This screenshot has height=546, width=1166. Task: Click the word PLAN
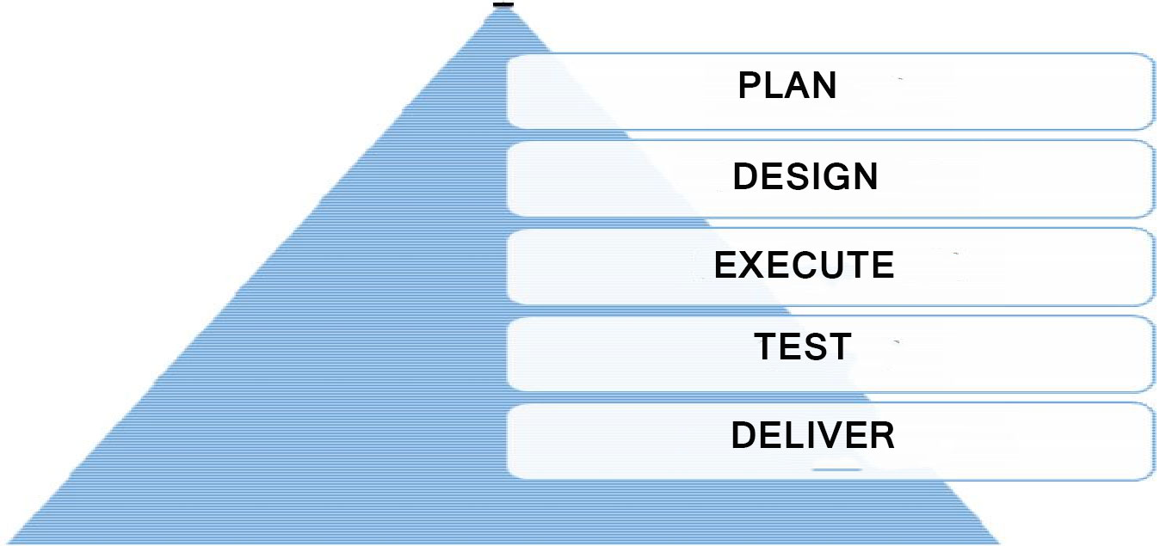click(x=787, y=85)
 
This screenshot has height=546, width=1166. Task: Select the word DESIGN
click(x=805, y=176)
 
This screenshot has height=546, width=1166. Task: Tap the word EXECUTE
click(x=805, y=265)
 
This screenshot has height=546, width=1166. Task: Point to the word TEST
click(x=803, y=347)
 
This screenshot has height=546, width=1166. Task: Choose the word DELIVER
click(x=813, y=435)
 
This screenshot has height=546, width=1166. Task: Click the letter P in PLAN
click(x=750, y=85)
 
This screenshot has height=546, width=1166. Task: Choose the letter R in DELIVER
click(x=882, y=435)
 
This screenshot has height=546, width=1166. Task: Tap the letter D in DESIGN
click(x=746, y=176)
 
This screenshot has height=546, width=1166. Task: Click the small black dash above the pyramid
click(x=503, y=4)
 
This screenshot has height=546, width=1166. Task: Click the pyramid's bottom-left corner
click(x=7, y=543)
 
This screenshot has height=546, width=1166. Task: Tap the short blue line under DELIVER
click(x=837, y=469)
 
